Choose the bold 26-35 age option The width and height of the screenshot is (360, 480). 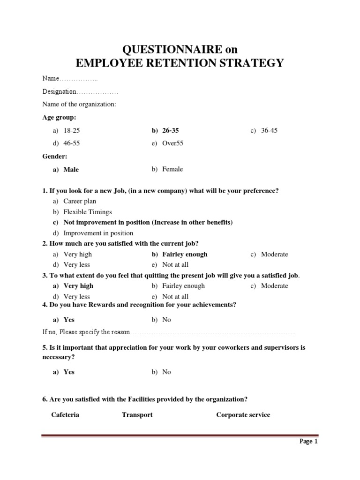[x=171, y=130]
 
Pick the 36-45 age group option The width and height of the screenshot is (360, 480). [x=269, y=130]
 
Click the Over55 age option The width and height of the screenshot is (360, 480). [x=172, y=143]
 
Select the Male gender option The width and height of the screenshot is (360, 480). [x=71, y=170]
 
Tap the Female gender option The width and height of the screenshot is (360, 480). [x=172, y=169]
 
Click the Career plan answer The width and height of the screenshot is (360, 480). [x=80, y=201]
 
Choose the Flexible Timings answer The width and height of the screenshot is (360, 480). [x=88, y=212]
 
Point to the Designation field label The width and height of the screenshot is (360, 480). [x=59, y=91]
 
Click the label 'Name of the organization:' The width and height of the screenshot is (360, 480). [x=79, y=104]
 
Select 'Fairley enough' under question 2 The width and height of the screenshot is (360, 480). [x=185, y=254]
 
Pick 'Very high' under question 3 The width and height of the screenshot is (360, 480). [x=78, y=285]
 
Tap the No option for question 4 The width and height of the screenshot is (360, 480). [x=166, y=320]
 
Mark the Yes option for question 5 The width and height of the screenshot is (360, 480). [x=69, y=372]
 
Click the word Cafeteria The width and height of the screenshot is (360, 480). [x=65, y=415]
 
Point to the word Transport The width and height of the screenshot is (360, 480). [x=137, y=415]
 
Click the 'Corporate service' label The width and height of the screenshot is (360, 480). [x=243, y=415]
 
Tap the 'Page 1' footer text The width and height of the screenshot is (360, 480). [x=308, y=442]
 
